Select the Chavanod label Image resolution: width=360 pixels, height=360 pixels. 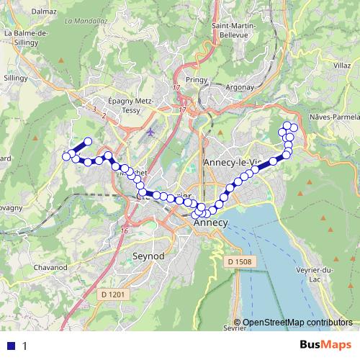click(50, 267)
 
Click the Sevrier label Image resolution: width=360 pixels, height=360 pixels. click(235, 328)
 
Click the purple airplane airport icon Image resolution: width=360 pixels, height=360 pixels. click(150, 132)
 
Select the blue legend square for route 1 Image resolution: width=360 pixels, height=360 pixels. click(11, 346)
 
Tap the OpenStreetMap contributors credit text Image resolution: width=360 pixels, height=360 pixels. click(297, 323)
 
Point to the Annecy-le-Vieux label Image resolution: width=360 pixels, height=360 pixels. click(231, 163)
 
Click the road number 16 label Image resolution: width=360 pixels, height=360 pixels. click(125, 230)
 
